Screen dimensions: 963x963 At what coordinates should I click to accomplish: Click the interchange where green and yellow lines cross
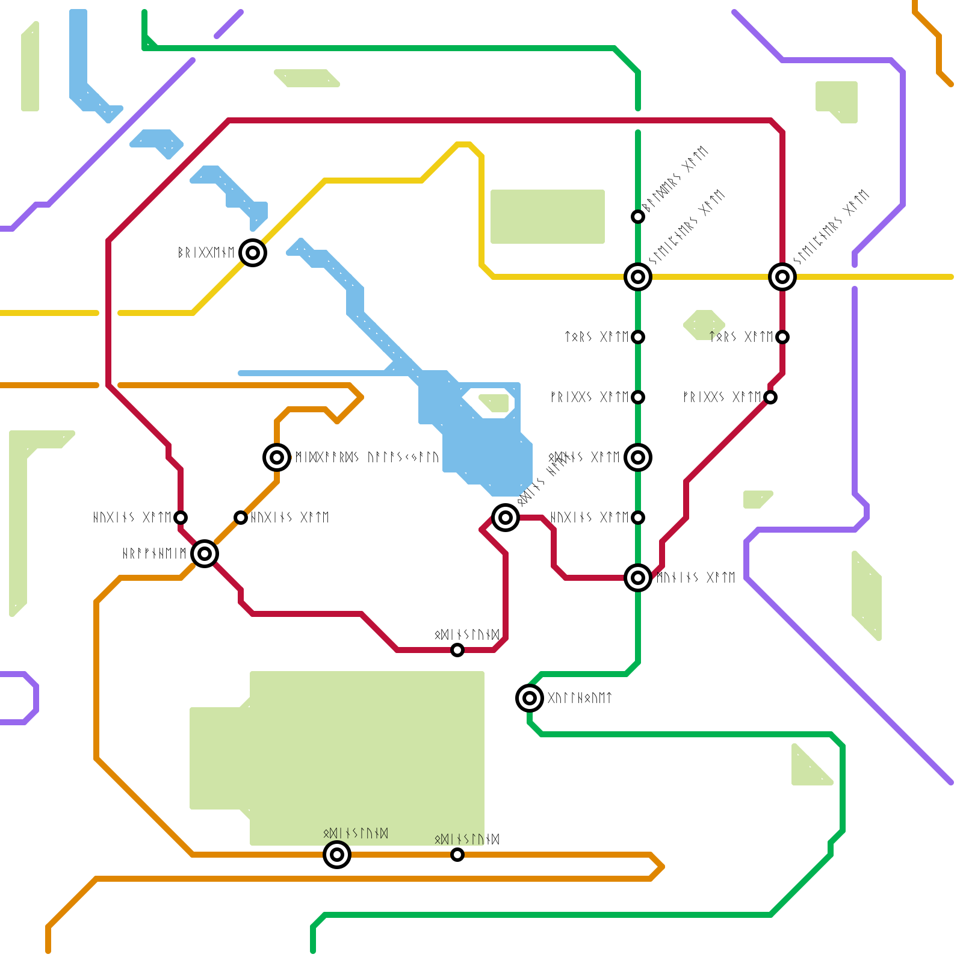[x=638, y=277]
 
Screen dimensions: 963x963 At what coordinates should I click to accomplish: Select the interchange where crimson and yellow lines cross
[x=782, y=277]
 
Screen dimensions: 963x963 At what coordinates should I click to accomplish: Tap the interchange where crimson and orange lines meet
[x=205, y=554]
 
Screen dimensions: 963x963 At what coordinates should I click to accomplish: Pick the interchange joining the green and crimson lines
[x=638, y=578]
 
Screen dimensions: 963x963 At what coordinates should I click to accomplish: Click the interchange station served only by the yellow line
[x=253, y=253]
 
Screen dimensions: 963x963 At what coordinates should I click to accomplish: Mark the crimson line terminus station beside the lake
[x=506, y=518]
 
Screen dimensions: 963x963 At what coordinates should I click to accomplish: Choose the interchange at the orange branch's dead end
[x=277, y=457]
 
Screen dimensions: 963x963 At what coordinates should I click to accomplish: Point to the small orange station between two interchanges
[x=241, y=518]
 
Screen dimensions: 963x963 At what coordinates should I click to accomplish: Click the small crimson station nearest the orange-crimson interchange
[x=181, y=518]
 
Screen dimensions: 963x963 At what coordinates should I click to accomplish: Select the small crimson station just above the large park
[x=457, y=650]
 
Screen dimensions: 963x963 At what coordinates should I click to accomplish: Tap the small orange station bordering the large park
[x=457, y=855]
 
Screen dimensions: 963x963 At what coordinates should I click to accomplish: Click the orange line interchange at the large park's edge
[x=337, y=855]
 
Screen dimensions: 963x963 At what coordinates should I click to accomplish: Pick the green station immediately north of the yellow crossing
[x=638, y=217]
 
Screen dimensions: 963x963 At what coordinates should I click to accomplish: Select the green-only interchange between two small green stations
[x=638, y=457]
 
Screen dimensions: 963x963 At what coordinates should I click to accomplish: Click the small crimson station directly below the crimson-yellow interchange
[x=782, y=337]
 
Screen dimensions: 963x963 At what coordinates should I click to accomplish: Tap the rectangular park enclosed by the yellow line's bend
[x=548, y=217]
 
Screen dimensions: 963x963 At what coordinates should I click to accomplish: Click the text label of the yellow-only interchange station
[x=206, y=253]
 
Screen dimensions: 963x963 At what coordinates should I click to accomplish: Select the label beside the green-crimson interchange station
[x=696, y=578]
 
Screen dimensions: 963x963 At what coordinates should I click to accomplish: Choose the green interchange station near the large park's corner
[x=530, y=698]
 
